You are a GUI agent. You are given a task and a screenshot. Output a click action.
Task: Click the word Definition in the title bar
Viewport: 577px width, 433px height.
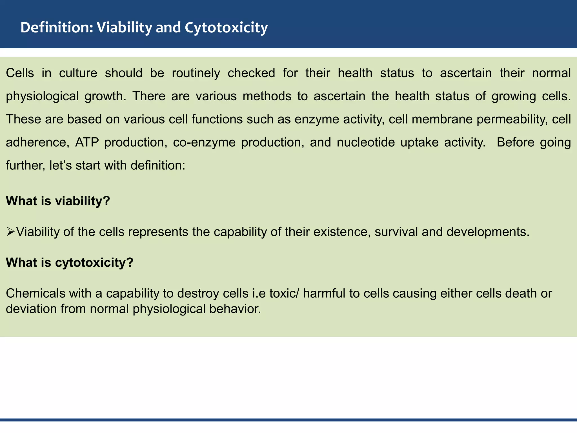(x=56, y=28)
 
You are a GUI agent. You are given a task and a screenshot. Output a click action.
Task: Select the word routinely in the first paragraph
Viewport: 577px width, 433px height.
(x=196, y=73)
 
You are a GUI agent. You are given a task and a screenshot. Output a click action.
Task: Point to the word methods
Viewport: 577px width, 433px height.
(x=267, y=96)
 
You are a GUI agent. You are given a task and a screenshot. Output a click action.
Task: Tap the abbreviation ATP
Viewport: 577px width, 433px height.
(x=87, y=142)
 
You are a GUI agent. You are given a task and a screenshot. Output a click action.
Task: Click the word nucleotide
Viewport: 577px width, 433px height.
(x=366, y=142)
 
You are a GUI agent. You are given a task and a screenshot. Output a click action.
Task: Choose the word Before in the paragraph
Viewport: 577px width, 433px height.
(x=515, y=142)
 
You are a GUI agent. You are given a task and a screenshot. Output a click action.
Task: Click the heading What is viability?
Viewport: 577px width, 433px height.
(x=58, y=201)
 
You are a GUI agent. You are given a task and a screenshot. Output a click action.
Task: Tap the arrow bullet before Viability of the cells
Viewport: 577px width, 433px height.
(x=11, y=232)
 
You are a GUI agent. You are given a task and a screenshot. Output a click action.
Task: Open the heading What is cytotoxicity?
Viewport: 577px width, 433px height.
(x=69, y=263)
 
